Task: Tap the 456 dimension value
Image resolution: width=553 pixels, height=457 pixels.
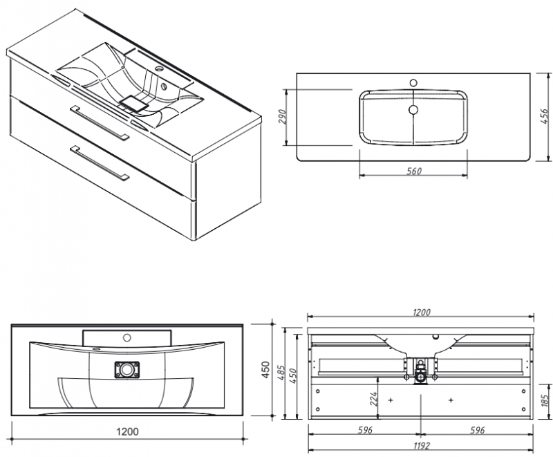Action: [x=543, y=115]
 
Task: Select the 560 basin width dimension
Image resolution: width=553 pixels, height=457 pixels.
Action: [x=413, y=171]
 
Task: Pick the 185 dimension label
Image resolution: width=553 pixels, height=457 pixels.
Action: [x=544, y=399]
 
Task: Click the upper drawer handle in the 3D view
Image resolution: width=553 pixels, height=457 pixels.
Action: [x=100, y=122]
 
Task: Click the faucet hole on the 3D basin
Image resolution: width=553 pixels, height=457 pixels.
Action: [x=160, y=70]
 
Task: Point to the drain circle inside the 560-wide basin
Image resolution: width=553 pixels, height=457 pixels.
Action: [x=413, y=109]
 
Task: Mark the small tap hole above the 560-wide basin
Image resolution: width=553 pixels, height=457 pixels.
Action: [x=413, y=82]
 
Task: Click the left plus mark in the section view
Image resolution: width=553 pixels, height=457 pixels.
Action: [x=391, y=400]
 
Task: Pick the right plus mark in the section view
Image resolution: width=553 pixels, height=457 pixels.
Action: [x=451, y=400]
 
